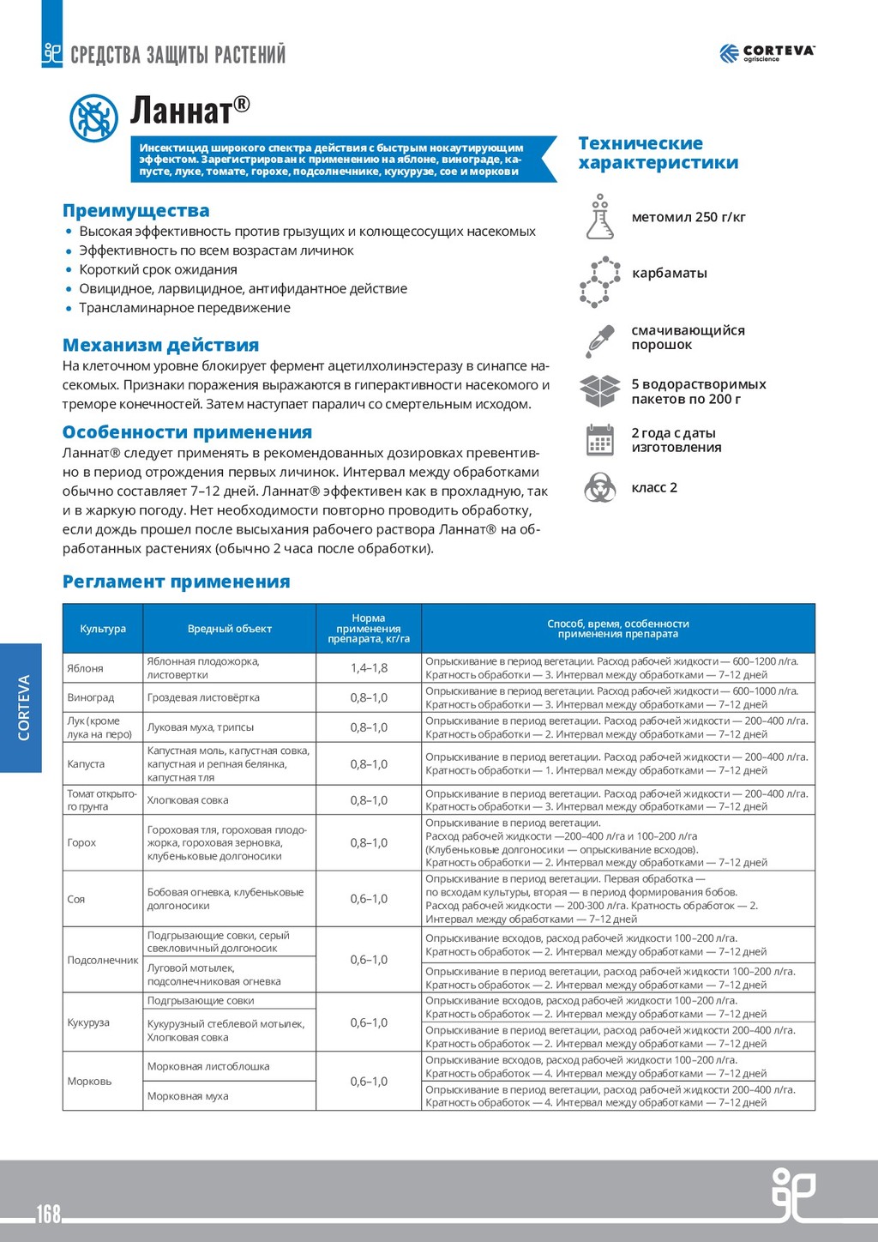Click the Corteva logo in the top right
click(x=767, y=53)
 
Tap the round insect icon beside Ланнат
click(x=93, y=118)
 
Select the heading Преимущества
click(x=135, y=210)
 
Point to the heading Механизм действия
click(x=160, y=345)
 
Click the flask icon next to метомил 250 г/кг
click(x=600, y=217)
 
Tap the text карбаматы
click(x=669, y=273)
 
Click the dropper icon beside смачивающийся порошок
click(x=600, y=340)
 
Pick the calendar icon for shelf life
click(x=600, y=440)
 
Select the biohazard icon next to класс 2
click(x=600, y=487)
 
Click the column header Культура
click(x=103, y=629)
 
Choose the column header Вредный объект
click(x=229, y=629)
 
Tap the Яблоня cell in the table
click(x=85, y=668)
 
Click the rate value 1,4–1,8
click(x=369, y=668)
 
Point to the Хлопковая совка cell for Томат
click(x=188, y=800)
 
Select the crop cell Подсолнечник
click(x=103, y=960)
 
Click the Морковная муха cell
click(x=188, y=1095)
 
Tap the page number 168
click(x=48, y=1213)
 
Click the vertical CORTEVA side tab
click(x=22, y=708)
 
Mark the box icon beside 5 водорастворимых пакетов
click(x=600, y=391)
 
